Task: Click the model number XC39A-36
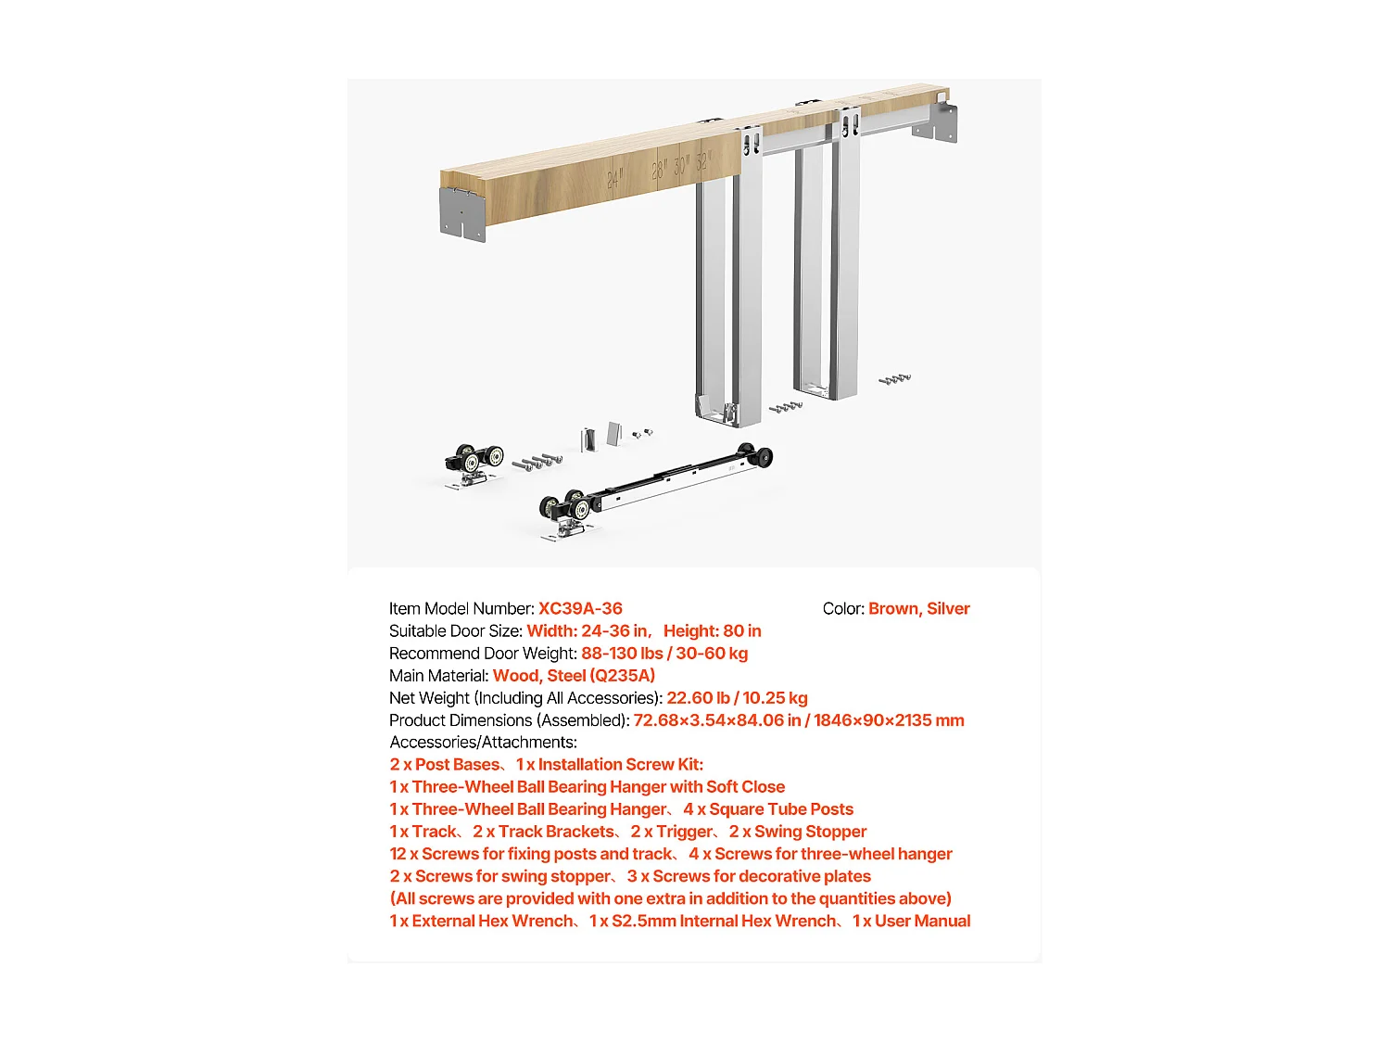580,609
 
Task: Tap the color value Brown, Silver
918,609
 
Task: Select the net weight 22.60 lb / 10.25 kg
737,698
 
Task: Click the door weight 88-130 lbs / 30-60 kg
664,654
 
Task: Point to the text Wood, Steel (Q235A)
574,676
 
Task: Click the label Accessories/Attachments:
483,743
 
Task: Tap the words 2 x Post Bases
445,765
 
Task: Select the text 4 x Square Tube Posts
768,809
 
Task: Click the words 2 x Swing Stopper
797,832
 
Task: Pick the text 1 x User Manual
911,921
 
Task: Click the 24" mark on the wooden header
614,179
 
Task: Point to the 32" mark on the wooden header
702,161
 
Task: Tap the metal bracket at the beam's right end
936,121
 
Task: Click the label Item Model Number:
461,609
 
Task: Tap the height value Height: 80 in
712,631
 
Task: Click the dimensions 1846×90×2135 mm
889,720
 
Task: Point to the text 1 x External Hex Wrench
480,921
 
